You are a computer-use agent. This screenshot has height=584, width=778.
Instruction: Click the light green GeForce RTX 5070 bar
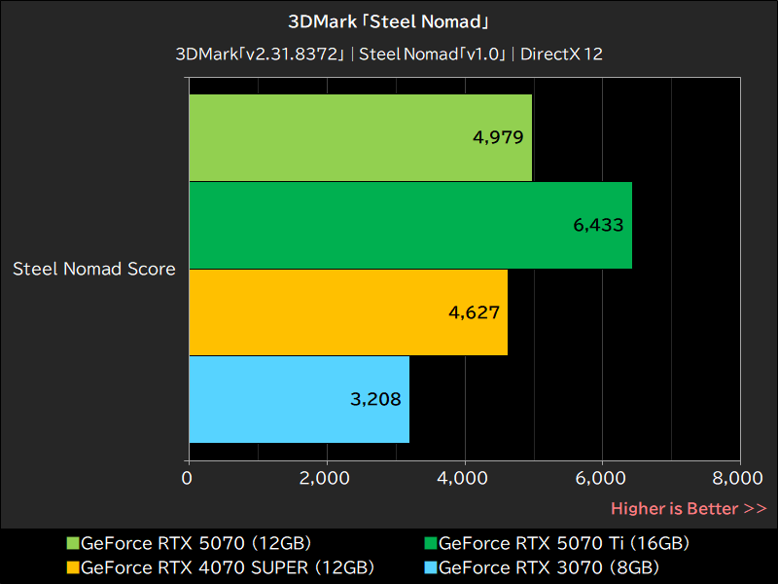[x=360, y=137]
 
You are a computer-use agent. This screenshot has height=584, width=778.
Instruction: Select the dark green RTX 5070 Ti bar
[x=409, y=225]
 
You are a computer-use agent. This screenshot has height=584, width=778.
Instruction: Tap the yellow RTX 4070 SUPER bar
[x=348, y=311]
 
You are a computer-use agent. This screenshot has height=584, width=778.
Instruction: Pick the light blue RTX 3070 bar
[x=299, y=399]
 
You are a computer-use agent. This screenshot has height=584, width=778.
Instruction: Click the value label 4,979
[x=499, y=137]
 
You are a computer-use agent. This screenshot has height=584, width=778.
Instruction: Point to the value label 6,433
[x=598, y=225]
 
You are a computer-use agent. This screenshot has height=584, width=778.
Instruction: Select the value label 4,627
[x=474, y=312]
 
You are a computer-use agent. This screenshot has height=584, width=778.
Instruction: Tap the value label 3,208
[x=375, y=399]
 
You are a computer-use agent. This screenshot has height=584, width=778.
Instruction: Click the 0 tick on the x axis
[x=188, y=478]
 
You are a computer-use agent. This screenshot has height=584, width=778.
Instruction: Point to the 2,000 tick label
[x=326, y=478]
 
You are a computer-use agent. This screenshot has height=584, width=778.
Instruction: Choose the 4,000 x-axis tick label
[x=464, y=478]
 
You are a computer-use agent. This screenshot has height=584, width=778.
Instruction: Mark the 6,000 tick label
[x=602, y=478]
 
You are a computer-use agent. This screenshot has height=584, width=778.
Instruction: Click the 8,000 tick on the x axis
[x=738, y=478]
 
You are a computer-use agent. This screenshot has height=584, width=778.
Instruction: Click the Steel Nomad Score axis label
[x=94, y=269]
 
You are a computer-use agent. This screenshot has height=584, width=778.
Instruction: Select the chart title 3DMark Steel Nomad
[x=389, y=20]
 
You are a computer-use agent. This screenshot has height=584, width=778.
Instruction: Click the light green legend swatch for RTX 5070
[x=73, y=543]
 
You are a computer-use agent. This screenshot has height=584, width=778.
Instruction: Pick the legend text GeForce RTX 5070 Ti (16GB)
[x=564, y=543]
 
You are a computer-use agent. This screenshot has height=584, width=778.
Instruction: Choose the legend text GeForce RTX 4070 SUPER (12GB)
[x=227, y=566]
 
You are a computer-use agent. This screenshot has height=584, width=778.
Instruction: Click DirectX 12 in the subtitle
[x=561, y=54]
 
